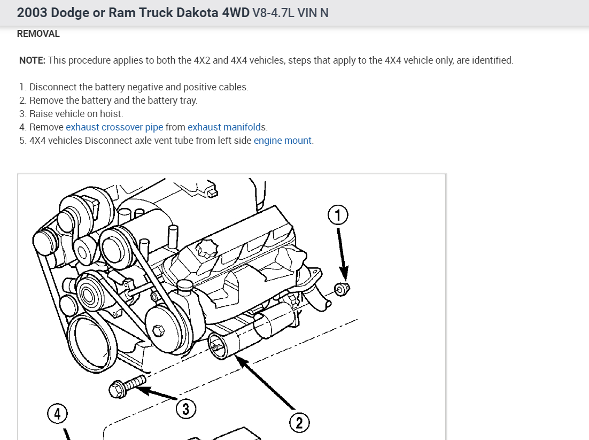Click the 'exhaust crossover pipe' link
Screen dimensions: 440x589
(x=114, y=127)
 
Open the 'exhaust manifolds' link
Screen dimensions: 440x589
(x=226, y=127)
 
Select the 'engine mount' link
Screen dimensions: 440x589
(x=283, y=141)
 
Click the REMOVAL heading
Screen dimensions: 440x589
(x=38, y=34)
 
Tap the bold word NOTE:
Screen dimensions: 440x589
(x=32, y=60)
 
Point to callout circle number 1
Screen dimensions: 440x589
(x=338, y=215)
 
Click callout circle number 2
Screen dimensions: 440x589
(x=299, y=423)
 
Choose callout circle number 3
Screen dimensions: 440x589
(x=186, y=410)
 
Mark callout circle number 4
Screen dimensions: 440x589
(x=58, y=413)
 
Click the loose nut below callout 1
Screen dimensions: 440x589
(x=342, y=289)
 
